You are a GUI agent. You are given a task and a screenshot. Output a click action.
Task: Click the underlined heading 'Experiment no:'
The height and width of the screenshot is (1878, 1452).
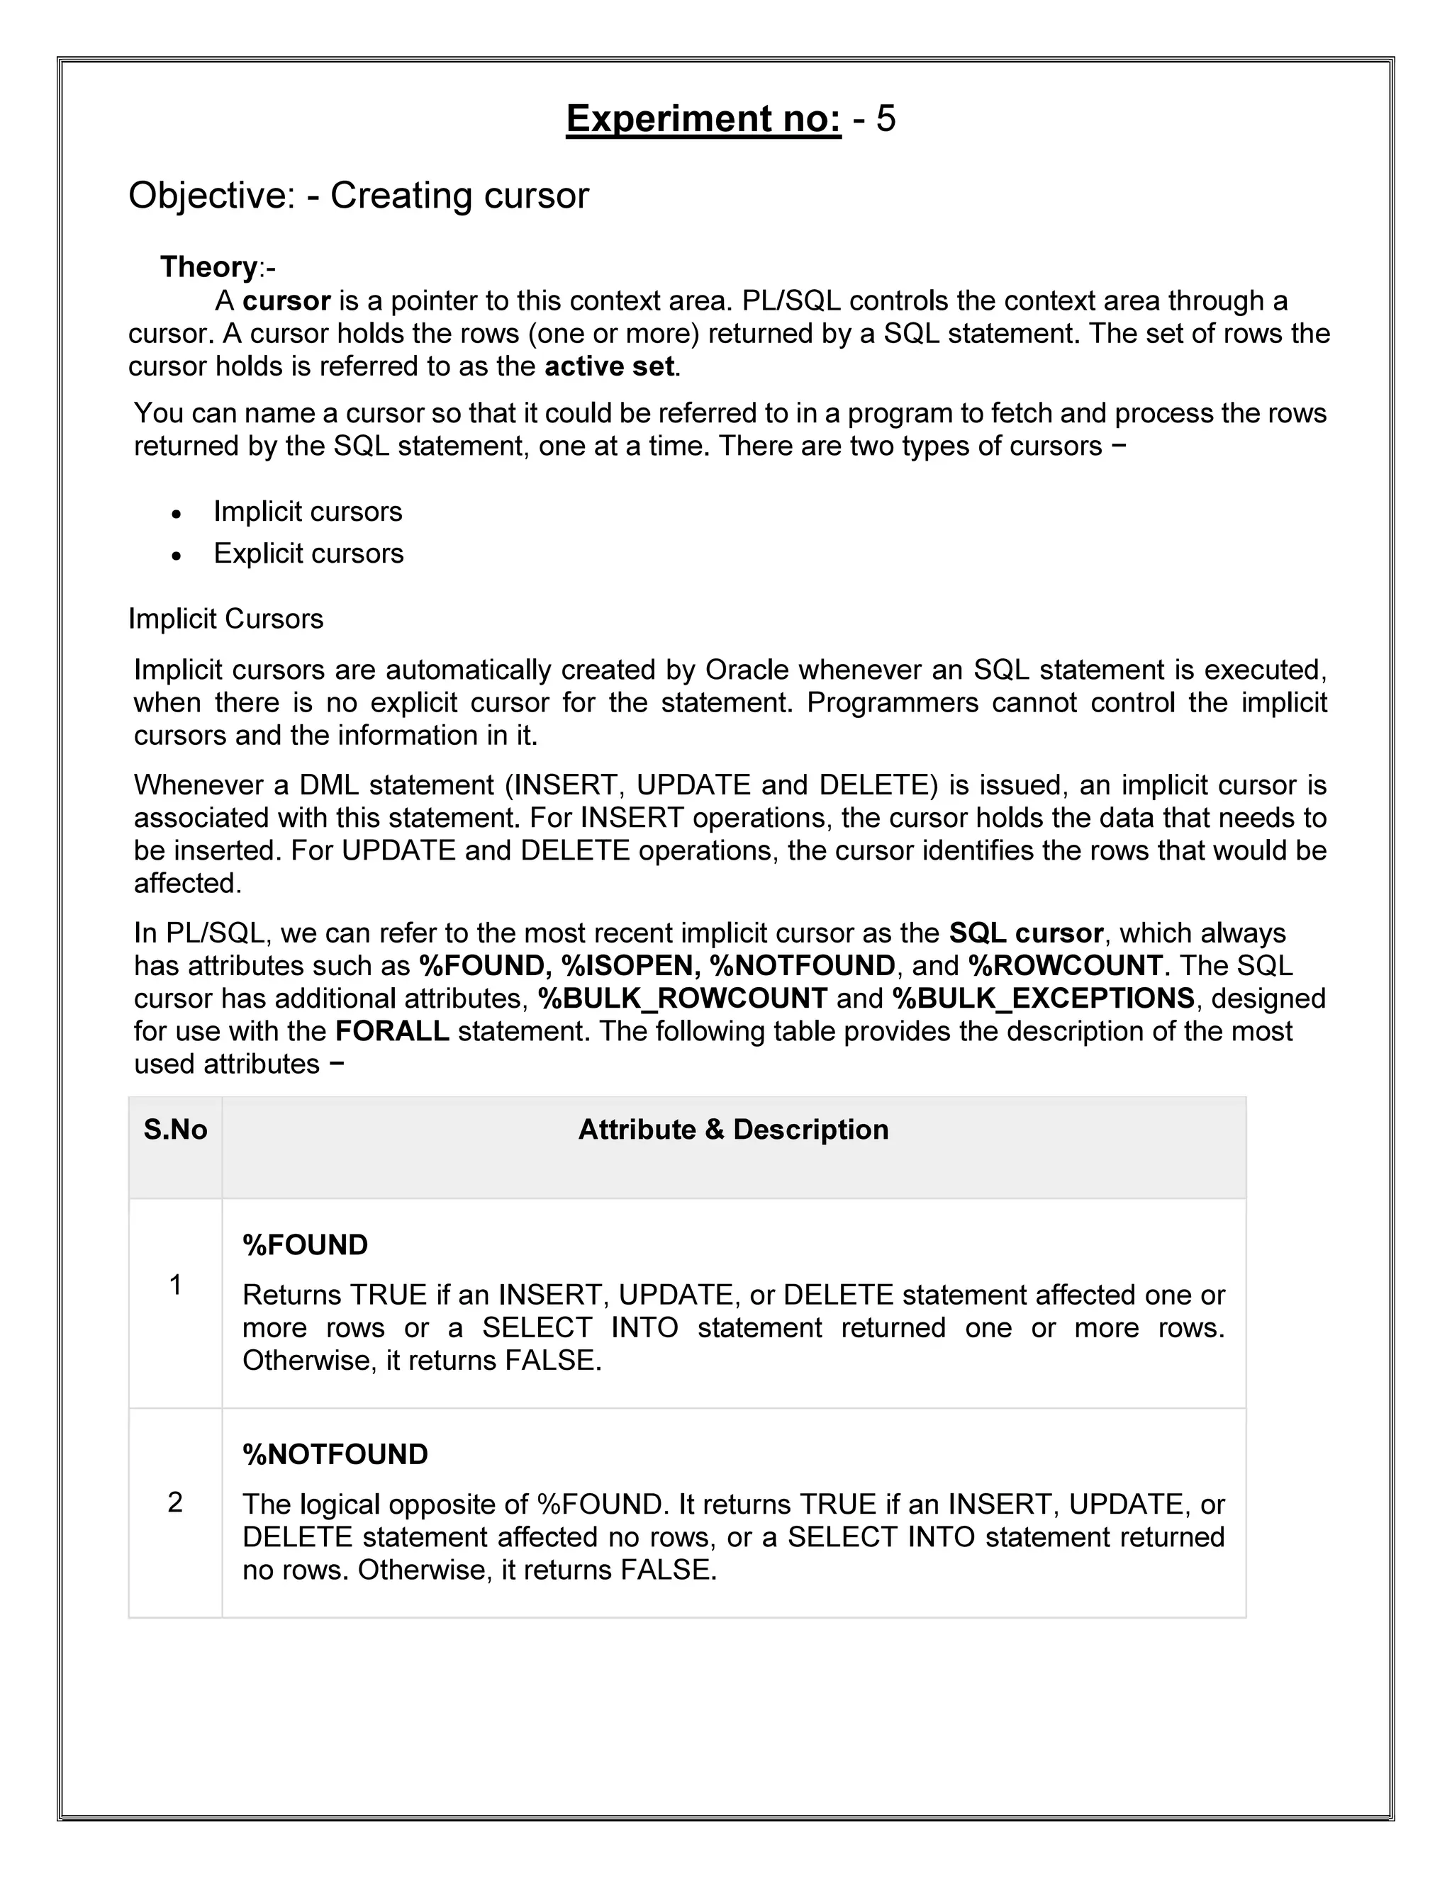tap(703, 118)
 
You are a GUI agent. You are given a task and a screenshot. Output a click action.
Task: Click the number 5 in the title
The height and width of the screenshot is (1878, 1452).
tap(885, 118)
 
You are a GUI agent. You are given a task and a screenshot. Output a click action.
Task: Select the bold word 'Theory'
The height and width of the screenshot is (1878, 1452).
tap(208, 267)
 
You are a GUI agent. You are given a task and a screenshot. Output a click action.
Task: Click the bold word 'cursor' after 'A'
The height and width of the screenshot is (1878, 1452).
tap(286, 301)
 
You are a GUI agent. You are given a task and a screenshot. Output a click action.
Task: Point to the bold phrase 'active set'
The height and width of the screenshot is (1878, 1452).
tap(610, 366)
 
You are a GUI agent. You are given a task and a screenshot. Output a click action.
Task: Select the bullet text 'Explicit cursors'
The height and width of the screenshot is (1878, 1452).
tap(308, 553)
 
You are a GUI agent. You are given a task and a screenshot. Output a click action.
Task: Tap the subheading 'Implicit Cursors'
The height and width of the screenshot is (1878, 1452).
tap(225, 619)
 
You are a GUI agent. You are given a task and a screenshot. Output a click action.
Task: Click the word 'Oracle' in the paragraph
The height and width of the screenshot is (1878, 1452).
tap(747, 669)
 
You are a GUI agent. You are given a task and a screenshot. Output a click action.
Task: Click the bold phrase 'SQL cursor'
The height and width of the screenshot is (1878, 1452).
tap(1025, 933)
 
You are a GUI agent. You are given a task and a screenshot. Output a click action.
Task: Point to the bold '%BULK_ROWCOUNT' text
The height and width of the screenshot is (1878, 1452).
tap(682, 999)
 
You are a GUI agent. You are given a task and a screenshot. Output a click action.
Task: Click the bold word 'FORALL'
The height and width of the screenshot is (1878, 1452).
tap(392, 1031)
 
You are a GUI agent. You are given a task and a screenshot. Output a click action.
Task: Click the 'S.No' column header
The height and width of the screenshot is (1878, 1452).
tap(176, 1129)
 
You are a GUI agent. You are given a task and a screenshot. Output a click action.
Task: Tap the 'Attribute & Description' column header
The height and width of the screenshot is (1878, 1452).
tap(733, 1129)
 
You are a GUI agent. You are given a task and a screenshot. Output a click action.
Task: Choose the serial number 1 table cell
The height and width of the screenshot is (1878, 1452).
tap(176, 1285)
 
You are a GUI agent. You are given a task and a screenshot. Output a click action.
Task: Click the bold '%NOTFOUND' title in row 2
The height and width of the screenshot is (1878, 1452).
tap(335, 1454)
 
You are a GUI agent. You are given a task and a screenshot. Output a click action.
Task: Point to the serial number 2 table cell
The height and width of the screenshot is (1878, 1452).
tap(176, 1502)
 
